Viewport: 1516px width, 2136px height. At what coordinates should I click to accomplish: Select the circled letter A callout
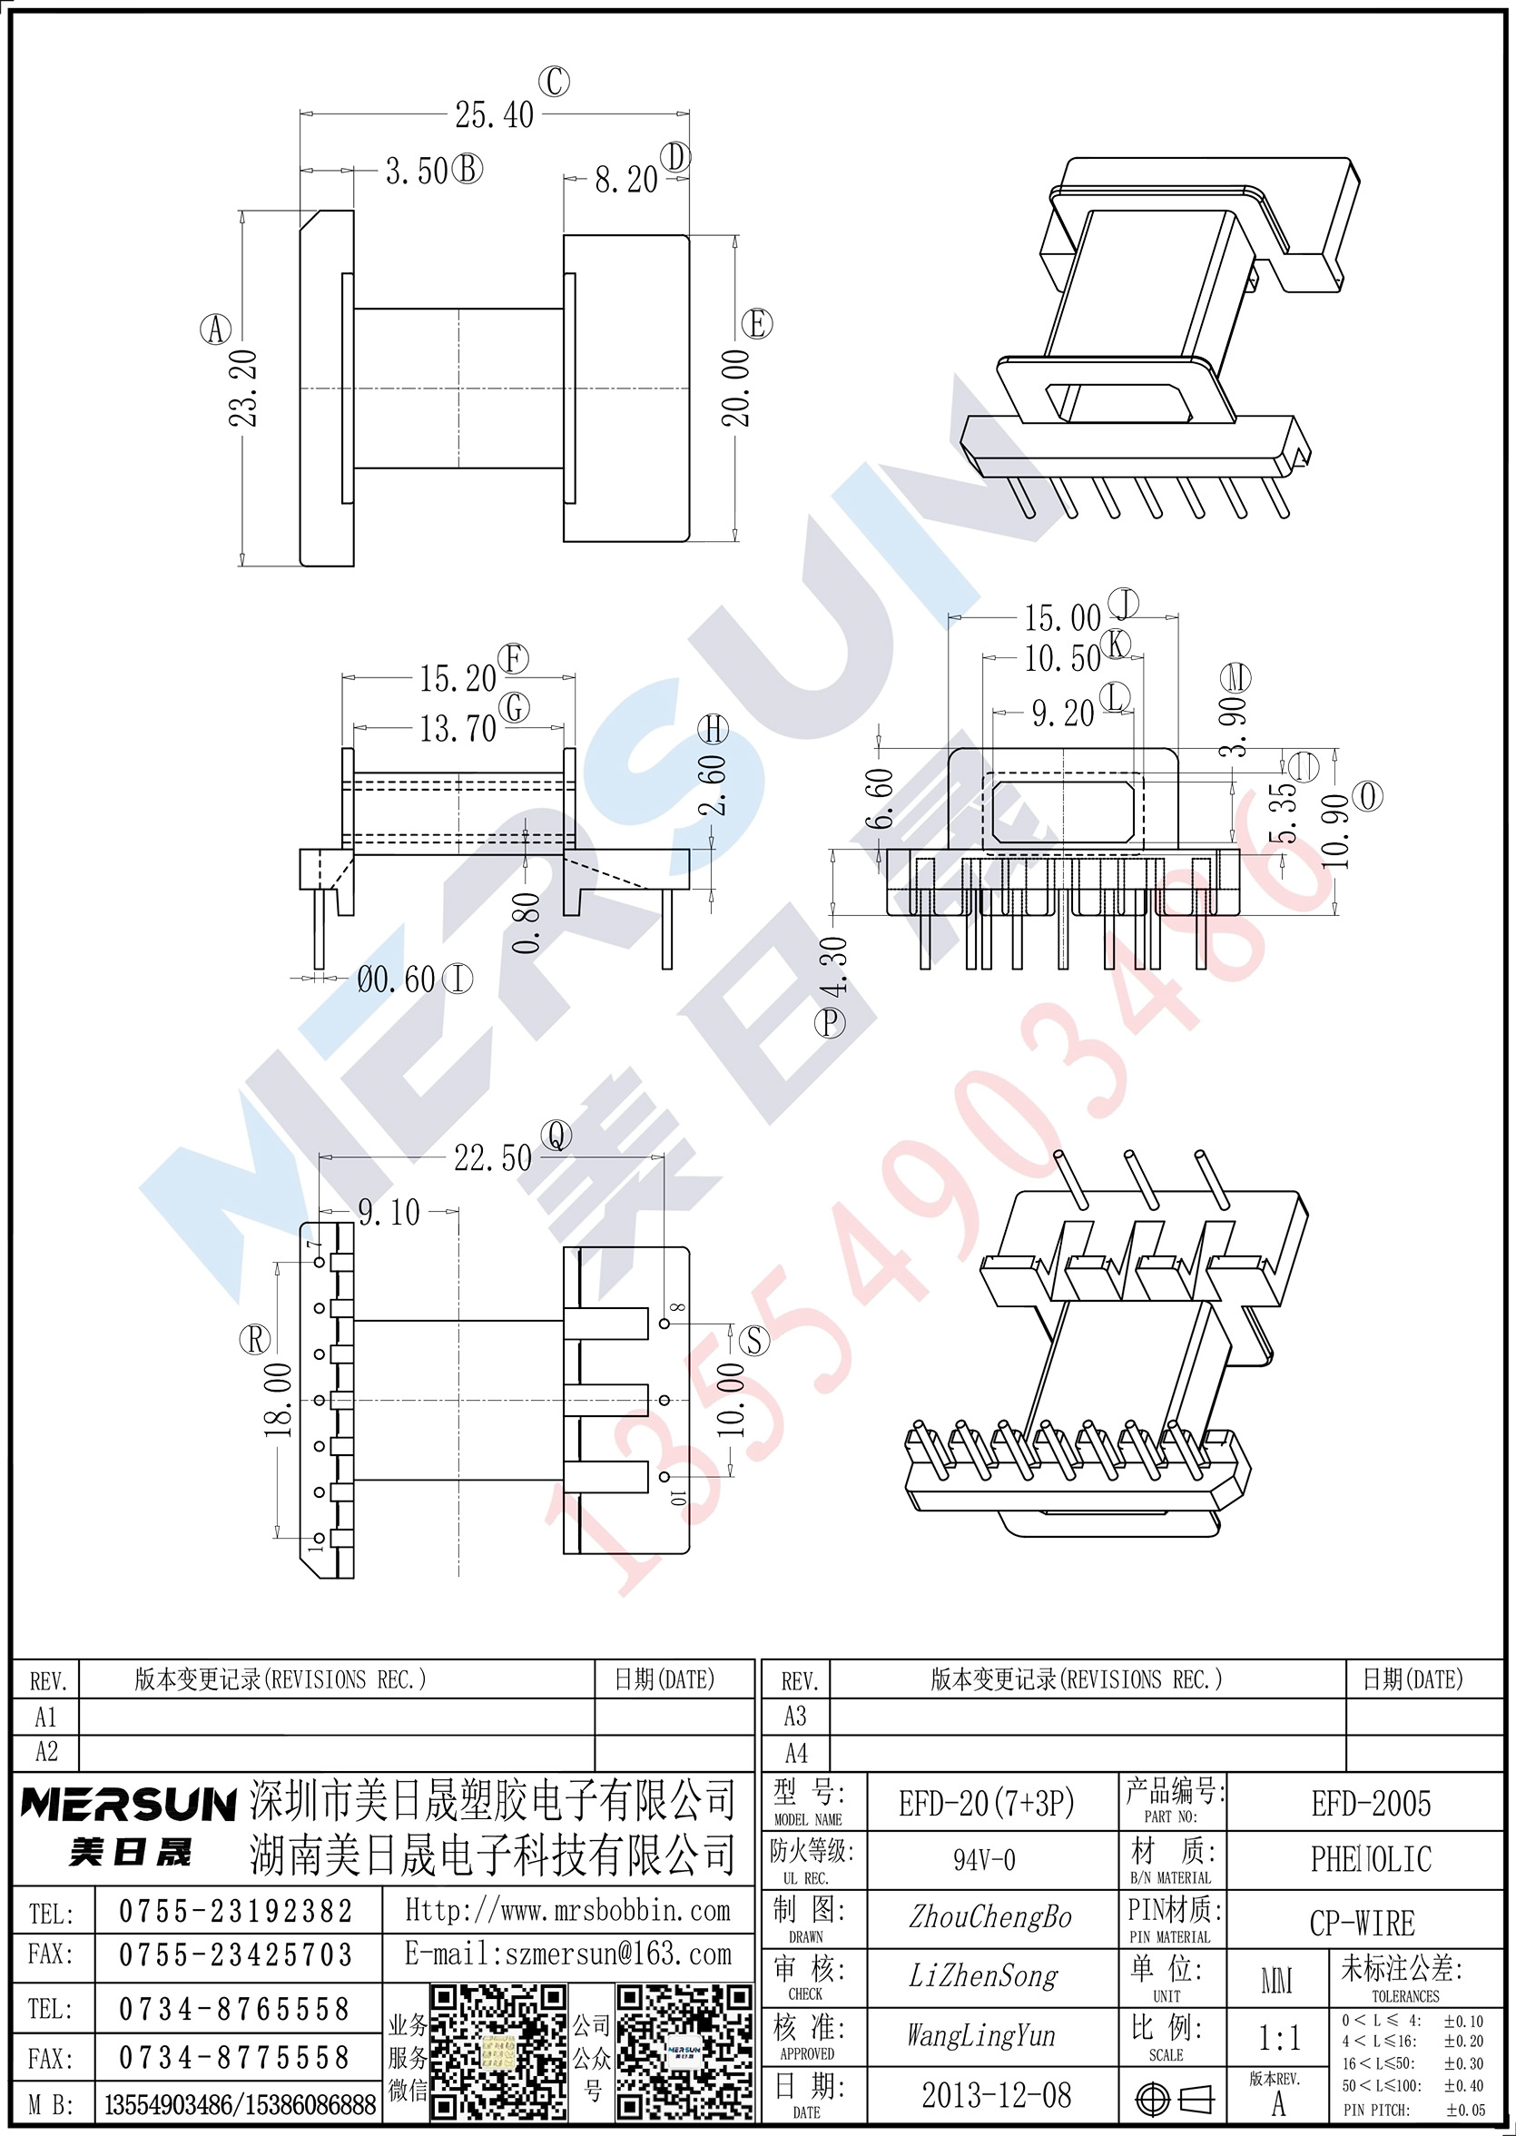coord(216,330)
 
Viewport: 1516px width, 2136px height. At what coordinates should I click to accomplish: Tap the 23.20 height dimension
coord(243,389)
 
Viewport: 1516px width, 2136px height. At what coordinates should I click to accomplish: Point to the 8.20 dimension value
coord(626,179)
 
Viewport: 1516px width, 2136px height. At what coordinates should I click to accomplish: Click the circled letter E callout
coord(756,324)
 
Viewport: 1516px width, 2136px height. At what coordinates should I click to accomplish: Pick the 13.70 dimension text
coord(458,728)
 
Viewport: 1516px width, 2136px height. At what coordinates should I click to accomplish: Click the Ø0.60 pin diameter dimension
coord(397,979)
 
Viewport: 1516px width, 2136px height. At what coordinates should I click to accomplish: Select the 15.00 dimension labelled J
coord(1062,618)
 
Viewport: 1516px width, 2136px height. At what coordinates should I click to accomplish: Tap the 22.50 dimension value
coord(493,1158)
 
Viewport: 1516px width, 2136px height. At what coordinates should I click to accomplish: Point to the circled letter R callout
coord(256,1340)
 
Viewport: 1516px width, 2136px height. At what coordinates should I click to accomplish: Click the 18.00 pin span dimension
coord(278,1400)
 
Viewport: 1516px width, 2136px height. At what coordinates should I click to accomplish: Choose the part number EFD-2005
coord(1371,1804)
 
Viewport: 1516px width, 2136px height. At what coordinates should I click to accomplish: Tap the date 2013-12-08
coord(996,2096)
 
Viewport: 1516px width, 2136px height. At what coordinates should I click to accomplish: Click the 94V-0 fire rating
coord(984,1860)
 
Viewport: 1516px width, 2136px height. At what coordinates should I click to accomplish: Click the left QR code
coord(497,2052)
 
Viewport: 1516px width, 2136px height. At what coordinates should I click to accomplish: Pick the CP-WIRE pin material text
coord(1362,1924)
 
